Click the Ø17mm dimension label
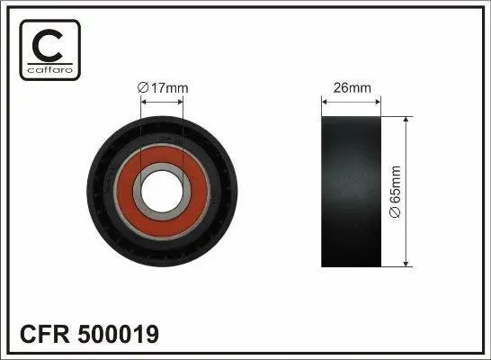click(x=163, y=88)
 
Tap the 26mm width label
click(x=352, y=87)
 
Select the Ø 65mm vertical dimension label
click(x=395, y=192)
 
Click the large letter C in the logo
click(x=49, y=46)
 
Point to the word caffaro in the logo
click(x=50, y=70)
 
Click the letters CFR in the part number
click(x=45, y=334)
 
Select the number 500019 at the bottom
click(x=119, y=334)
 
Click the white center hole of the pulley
click(x=162, y=191)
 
